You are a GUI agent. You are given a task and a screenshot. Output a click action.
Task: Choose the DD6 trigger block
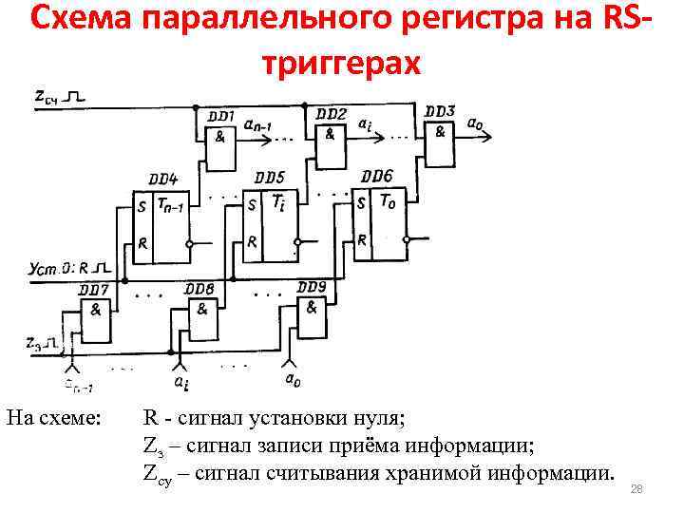376,216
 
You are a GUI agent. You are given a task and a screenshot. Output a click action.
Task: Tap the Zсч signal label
46,96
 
